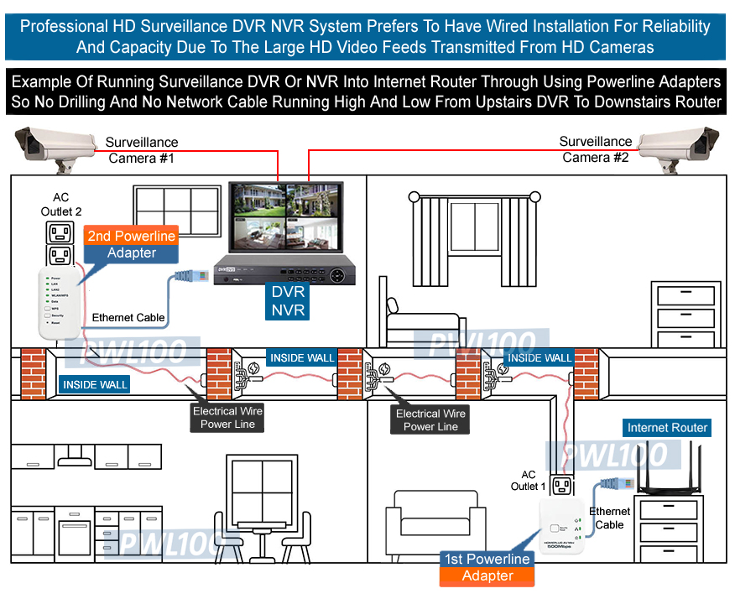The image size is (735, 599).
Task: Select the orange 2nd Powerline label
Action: [x=132, y=236]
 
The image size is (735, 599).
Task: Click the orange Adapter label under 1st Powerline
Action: [x=487, y=576]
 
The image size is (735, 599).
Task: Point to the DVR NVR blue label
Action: [x=288, y=301]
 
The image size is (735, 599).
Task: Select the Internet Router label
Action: [x=667, y=428]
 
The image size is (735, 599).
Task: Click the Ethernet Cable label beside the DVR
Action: [x=128, y=317]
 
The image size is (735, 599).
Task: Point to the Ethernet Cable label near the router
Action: [x=609, y=518]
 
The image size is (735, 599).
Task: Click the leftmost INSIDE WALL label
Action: [x=95, y=384]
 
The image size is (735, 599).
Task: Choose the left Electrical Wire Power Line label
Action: [x=227, y=418]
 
